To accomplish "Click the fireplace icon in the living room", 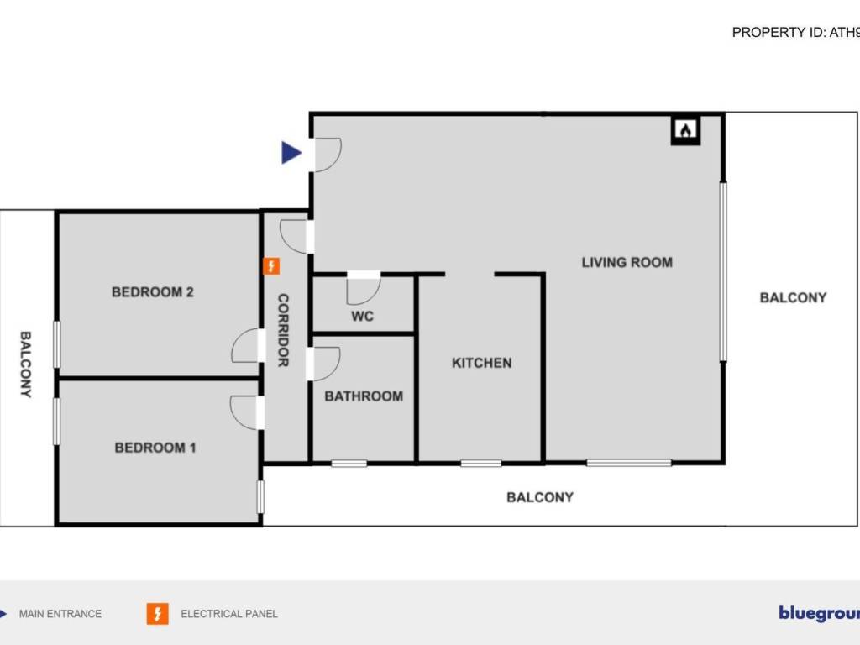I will click(x=686, y=130).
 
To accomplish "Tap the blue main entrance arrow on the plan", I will click(x=291, y=153).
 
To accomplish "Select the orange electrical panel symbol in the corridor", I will click(x=271, y=267).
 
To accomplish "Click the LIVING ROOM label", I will click(x=627, y=262).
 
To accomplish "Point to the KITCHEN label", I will click(x=481, y=363).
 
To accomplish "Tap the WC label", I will click(x=362, y=317).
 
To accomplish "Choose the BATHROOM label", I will click(x=364, y=396).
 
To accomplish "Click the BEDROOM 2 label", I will click(x=153, y=292).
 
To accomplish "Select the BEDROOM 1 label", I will click(x=155, y=448).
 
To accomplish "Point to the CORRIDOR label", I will click(x=283, y=330).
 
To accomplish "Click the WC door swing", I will click(x=364, y=288).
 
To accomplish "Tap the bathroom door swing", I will click(x=325, y=363).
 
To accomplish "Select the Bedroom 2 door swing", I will click(x=246, y=347).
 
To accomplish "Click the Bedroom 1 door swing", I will click(x=245, y=412).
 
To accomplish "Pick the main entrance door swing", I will click(x=327, y=155).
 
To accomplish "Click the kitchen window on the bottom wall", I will click(x=481, y=463).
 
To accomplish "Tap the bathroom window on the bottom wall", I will click(x=349, y=463).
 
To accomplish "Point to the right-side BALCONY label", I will click(x=793, y=297).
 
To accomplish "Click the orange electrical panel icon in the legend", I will click(x=157, y=614).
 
